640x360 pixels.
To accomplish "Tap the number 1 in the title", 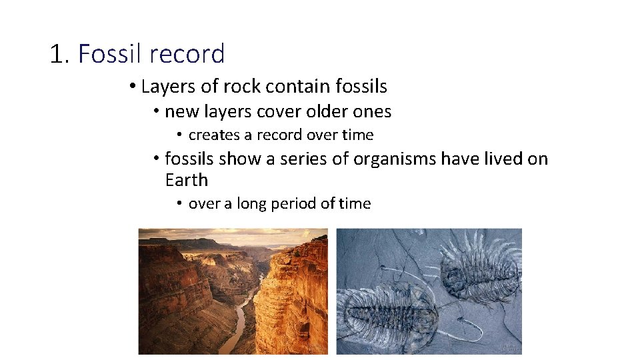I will [56, 54].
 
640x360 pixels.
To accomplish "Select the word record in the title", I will [187, 54].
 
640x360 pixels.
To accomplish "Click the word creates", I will [213, 135].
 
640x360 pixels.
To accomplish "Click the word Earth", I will [187, 180].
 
